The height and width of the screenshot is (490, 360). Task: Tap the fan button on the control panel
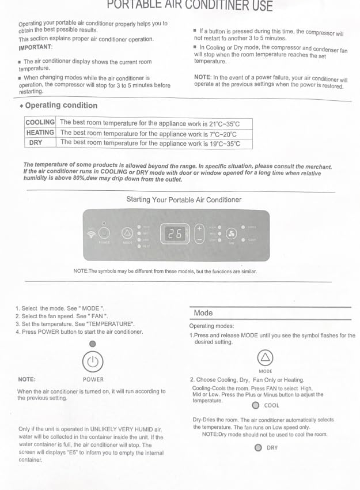[x=232, y=234]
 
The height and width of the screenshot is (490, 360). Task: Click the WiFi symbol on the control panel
[x=90, y=234]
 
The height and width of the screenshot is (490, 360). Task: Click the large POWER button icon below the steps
[x=93, y=363]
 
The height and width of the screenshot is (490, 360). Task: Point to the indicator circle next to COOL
[x=256, y=405]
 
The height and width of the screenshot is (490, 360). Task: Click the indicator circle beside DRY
[x=258, y=447]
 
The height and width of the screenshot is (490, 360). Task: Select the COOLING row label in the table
[x=40, y=122]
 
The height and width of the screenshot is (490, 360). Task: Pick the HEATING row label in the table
[x=40, y=133]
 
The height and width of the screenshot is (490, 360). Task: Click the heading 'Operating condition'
[x=61, y=105]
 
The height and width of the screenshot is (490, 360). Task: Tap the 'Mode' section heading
[x=203, y=313]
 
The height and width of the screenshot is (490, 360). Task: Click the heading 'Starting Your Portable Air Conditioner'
[x=184, y=200]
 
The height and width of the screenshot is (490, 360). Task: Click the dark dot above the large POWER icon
[x=93, y=344]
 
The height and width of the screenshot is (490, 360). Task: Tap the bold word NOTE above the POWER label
[x=26, y=379]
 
